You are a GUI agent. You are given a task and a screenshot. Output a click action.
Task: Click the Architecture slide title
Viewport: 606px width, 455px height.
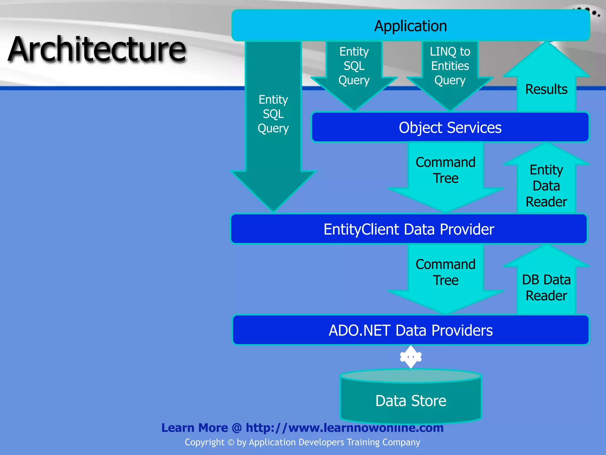(x=97, y=49)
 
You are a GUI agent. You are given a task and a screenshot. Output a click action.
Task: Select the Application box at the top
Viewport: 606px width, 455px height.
(x=410, y=26)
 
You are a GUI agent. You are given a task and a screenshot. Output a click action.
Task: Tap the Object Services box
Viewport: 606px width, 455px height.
(x=450, y=127)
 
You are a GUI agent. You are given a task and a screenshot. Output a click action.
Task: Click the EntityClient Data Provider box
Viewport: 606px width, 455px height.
(x=409, y=229)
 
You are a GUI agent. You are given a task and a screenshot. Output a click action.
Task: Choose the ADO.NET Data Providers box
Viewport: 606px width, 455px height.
(x=410, y=330)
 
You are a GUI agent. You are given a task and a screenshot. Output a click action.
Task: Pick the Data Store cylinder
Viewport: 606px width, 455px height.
(x=410, y=400)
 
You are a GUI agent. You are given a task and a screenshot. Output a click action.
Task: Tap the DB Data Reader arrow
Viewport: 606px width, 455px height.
(x=546, y=287)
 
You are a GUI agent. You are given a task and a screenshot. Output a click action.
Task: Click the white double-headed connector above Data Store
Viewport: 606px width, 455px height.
(x=411, y=357)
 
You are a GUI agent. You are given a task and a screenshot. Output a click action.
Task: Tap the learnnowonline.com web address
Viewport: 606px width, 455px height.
(x=344, y=428)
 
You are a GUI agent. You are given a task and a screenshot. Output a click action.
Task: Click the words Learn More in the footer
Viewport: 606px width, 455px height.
(x=194, y=428)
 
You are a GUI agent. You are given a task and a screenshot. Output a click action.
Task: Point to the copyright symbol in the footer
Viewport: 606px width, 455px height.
(x=231, y=443)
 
